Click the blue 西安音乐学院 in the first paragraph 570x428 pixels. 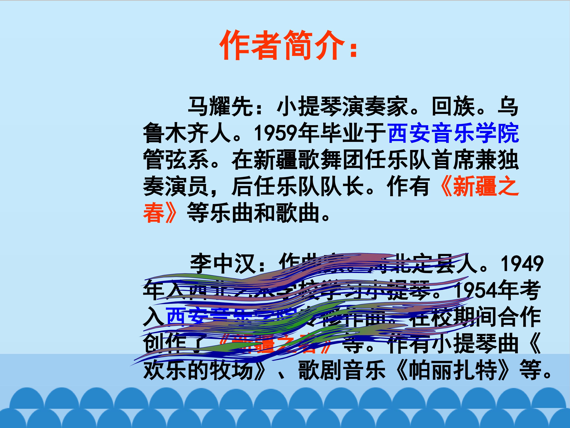coord(453,133)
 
